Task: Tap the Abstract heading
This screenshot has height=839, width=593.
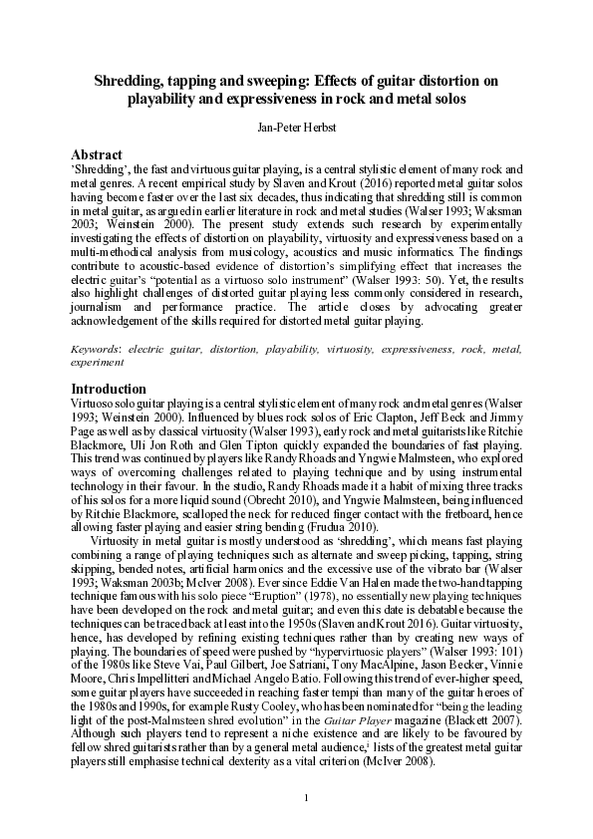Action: [97, 154]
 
